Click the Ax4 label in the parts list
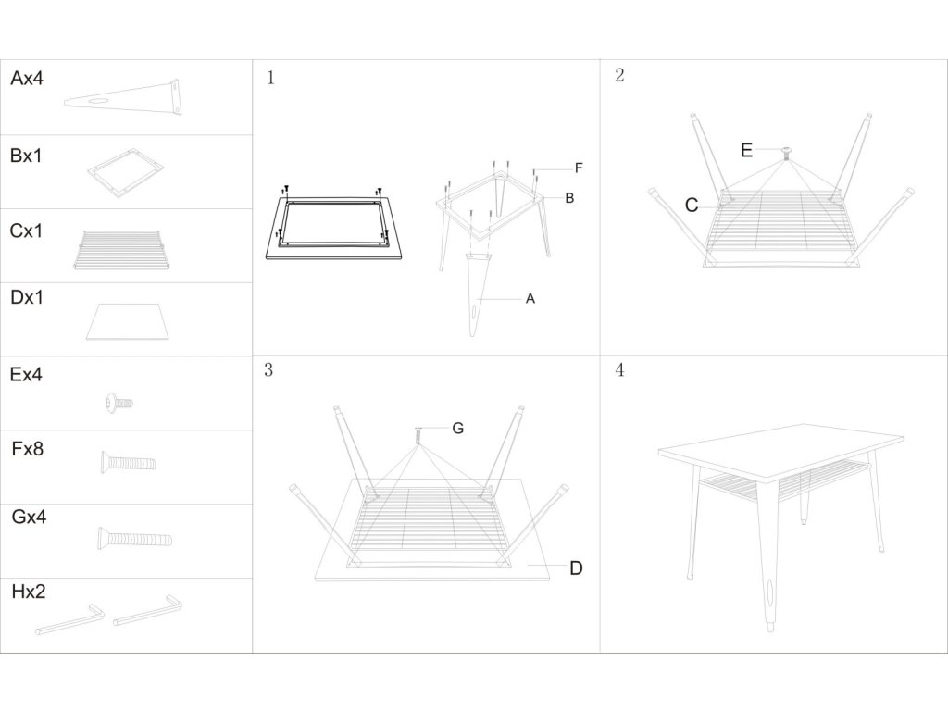[x=27, y=79]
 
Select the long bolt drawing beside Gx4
[x=133, y=537]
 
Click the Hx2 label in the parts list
[x=28, y=592]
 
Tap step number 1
[x=270, y=78]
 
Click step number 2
[x=619, y=76]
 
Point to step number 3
[x=268, y=370]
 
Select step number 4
[x=619, y=370]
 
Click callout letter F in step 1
[x=578, y=168]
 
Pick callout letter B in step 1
[x=569, y=197]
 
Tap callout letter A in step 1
[x=530, y=298]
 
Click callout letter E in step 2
[x=746, y=151]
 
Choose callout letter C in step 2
[x=692, y=206]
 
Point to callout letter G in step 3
[x=457, y=428]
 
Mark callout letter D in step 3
[x=575, y=568]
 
